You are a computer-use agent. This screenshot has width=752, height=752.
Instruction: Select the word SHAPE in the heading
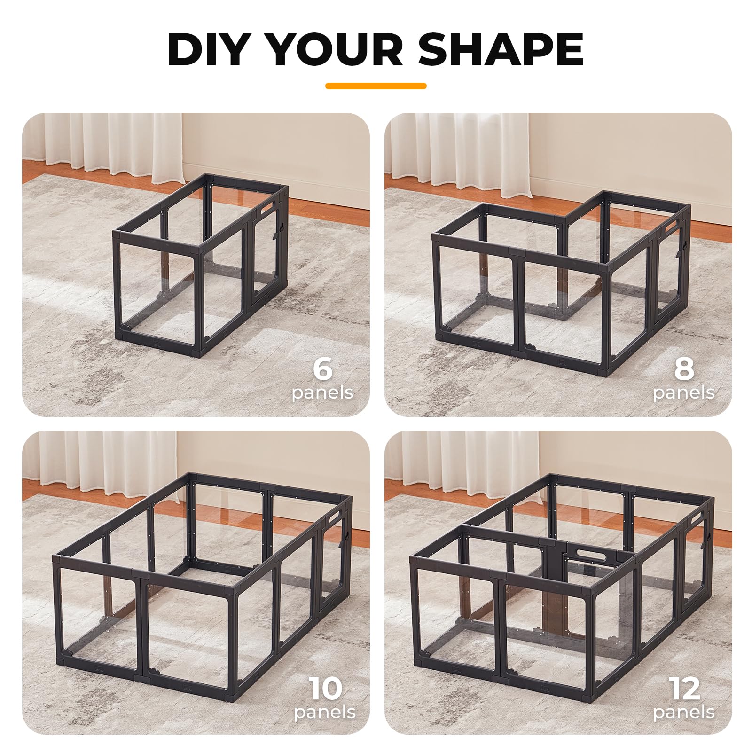501,49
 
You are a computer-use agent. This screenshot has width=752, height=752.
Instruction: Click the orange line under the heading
376,86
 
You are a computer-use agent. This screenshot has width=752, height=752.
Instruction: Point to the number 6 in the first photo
323,368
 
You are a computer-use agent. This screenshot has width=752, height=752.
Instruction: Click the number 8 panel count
684,368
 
